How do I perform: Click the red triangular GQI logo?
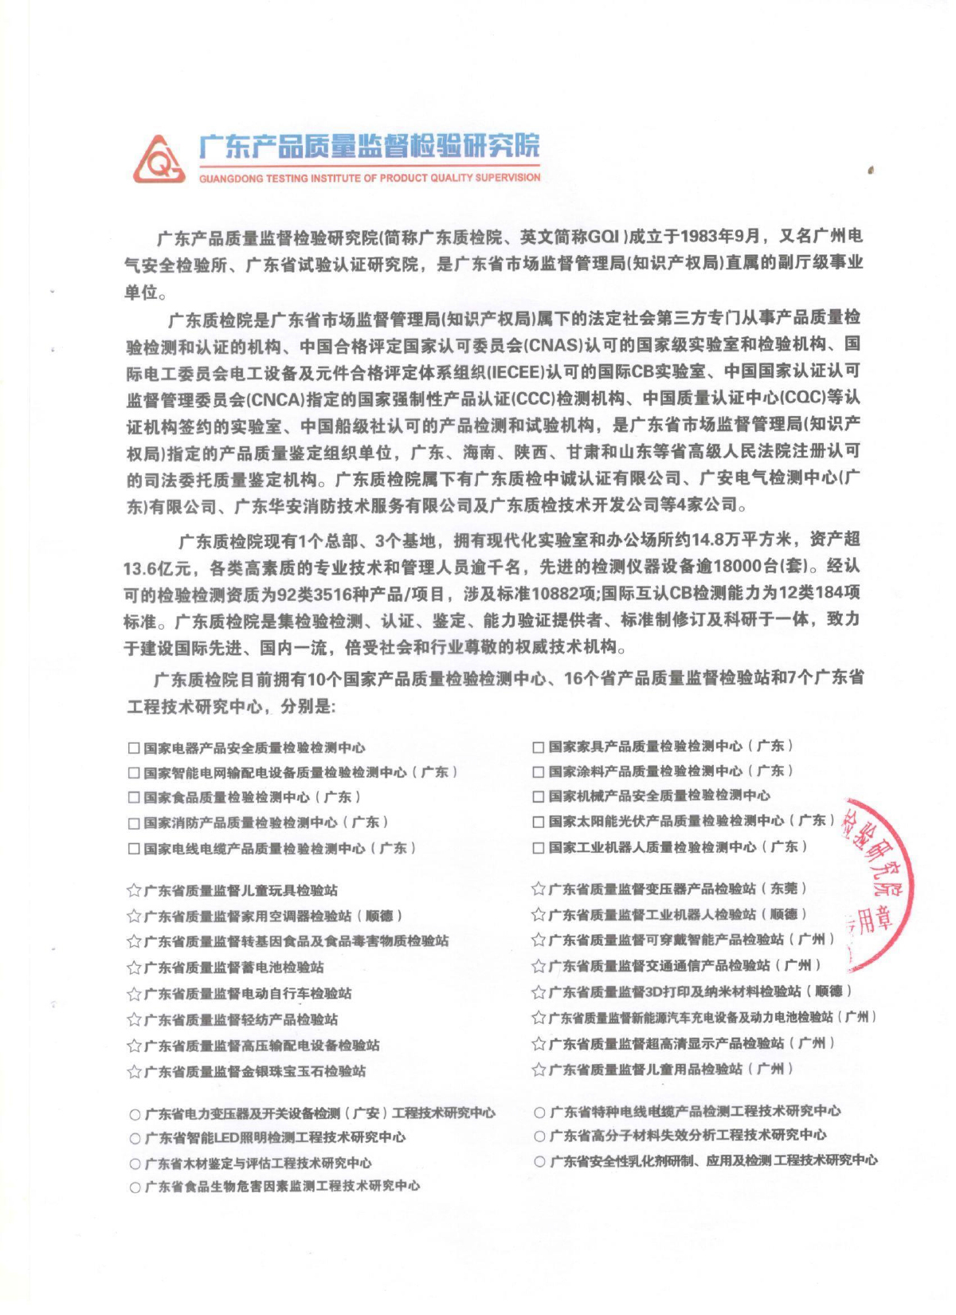[159, 159]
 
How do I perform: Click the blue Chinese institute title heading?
[369, 146]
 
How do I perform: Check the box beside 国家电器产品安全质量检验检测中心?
[134, 748]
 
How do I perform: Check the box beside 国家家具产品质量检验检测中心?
[539, 747]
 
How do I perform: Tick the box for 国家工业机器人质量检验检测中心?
[539, 847]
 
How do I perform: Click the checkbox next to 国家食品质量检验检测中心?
[134, 798]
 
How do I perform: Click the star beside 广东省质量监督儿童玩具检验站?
[134, 890]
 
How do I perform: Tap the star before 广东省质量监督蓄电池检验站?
[134, 968]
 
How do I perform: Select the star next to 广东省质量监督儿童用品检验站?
[539, 1070]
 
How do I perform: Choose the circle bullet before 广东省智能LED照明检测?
[135, 1138]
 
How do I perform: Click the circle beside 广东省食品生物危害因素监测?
[135, 1187]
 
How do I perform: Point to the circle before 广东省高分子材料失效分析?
[540, 1136]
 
